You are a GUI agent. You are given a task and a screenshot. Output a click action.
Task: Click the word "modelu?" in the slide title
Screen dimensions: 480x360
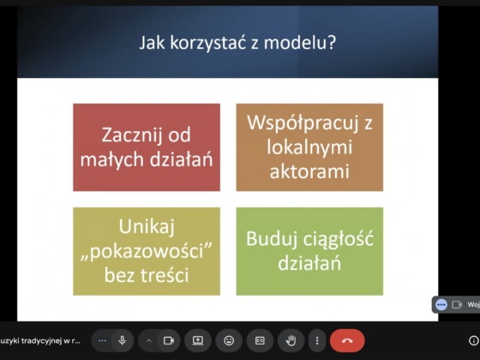(x=300, y=42)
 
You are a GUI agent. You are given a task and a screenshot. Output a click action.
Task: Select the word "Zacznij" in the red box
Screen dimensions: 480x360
(x=132, y=135)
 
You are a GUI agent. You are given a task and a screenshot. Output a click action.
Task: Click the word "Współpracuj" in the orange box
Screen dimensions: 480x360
(x=303, y=123)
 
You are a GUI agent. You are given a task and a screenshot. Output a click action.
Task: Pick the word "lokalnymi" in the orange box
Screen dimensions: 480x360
(x=309, y=147)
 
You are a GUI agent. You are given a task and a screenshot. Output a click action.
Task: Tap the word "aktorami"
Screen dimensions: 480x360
(x=309, y=171)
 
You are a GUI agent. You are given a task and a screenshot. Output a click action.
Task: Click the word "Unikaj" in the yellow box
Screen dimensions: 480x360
(x=147, y=227)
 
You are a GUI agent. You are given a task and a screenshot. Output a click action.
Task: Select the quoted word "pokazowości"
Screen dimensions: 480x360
(x=147, y=251)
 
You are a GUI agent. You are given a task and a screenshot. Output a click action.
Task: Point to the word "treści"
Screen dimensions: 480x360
(x=165, y=274)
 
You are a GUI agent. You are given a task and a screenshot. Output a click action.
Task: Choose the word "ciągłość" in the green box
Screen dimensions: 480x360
(x=339, y=239)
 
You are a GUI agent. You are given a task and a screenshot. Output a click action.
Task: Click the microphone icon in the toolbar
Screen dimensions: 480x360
(x=122, y=340)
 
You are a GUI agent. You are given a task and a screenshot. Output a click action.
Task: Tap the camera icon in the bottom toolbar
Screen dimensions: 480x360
(x=169, y=340)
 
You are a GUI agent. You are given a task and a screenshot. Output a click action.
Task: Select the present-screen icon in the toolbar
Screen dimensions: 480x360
(x=198, y=340)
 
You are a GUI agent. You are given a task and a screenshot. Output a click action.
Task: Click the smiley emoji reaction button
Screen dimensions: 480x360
(x=229, y=340)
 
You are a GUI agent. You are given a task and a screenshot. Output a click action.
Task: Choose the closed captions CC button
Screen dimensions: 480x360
(x=260, y=340)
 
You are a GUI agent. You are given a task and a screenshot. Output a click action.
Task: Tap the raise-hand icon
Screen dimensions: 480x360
(x=291, y=340)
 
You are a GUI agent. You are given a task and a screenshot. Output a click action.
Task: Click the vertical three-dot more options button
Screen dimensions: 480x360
(x=317, y=340)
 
